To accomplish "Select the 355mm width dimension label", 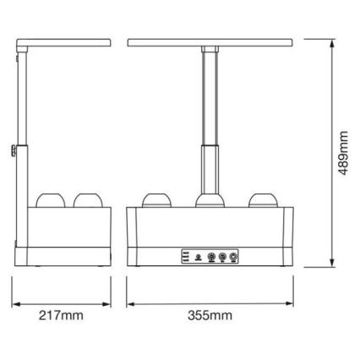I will point(208,315).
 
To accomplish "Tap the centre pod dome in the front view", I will point(209,200).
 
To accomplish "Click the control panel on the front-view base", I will point(207,256).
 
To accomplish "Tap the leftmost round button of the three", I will point(198,257).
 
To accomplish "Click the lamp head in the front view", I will point(209,41).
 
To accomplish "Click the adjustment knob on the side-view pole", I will point(15,152).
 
